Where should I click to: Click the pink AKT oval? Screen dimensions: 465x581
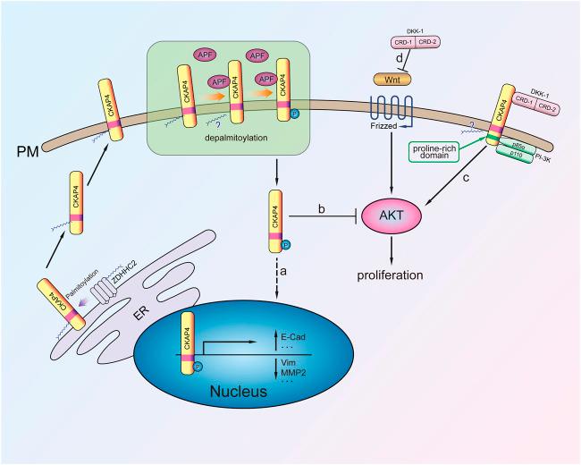coord(395,216)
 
